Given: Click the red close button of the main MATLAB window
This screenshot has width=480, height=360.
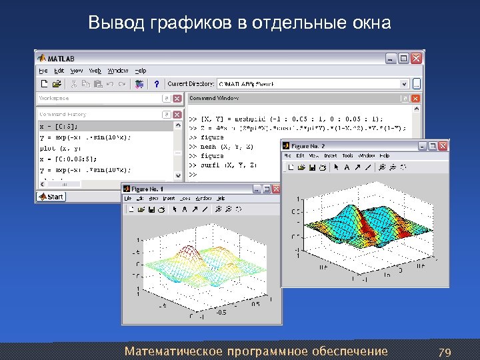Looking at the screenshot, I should point(416,59).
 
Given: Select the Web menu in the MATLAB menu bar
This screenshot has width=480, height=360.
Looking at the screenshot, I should point(95,71).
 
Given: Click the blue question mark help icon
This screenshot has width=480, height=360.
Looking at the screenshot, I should point(156,84).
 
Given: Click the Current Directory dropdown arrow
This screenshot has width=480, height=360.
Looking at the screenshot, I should point(404,84).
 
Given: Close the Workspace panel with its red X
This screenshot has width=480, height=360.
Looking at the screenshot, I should point(177,99).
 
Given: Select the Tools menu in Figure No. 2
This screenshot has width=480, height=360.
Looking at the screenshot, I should point(348,156).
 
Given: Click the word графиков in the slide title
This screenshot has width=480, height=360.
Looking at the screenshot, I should point(173,24).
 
